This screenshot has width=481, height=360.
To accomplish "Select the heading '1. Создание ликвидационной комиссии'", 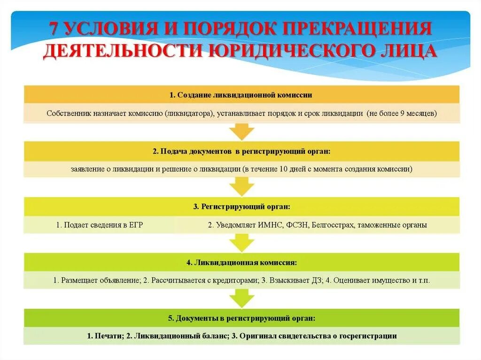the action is (x=241, y=95).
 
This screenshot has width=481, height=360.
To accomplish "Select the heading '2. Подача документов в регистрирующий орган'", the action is (x=241, y=152).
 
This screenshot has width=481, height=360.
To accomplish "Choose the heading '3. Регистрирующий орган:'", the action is (x=241, y=207).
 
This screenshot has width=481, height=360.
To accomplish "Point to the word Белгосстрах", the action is (x=333, y=225).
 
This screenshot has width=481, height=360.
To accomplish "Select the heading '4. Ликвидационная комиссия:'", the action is (x=241, y=262).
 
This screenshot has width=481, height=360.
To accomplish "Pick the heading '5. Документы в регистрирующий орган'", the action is (x=241, y=318).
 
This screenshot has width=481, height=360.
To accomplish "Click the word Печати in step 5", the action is (x=104, y=336).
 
